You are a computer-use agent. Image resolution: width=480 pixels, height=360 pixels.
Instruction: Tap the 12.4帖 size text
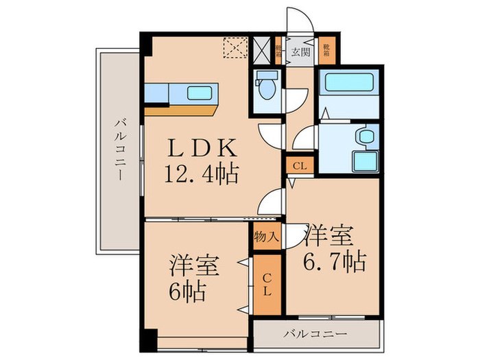(x=200, y=175)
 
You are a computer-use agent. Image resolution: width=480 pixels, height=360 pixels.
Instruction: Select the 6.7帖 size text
(x=334, y=261)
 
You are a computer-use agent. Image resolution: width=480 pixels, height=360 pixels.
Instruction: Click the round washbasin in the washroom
(x=365, y=136)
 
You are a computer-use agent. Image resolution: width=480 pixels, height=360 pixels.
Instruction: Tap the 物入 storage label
(x=266, y=238)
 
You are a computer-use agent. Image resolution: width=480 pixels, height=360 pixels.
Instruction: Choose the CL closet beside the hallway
(x=300, y=165)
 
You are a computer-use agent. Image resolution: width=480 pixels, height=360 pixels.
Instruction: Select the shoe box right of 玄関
(x=326, y=49)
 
